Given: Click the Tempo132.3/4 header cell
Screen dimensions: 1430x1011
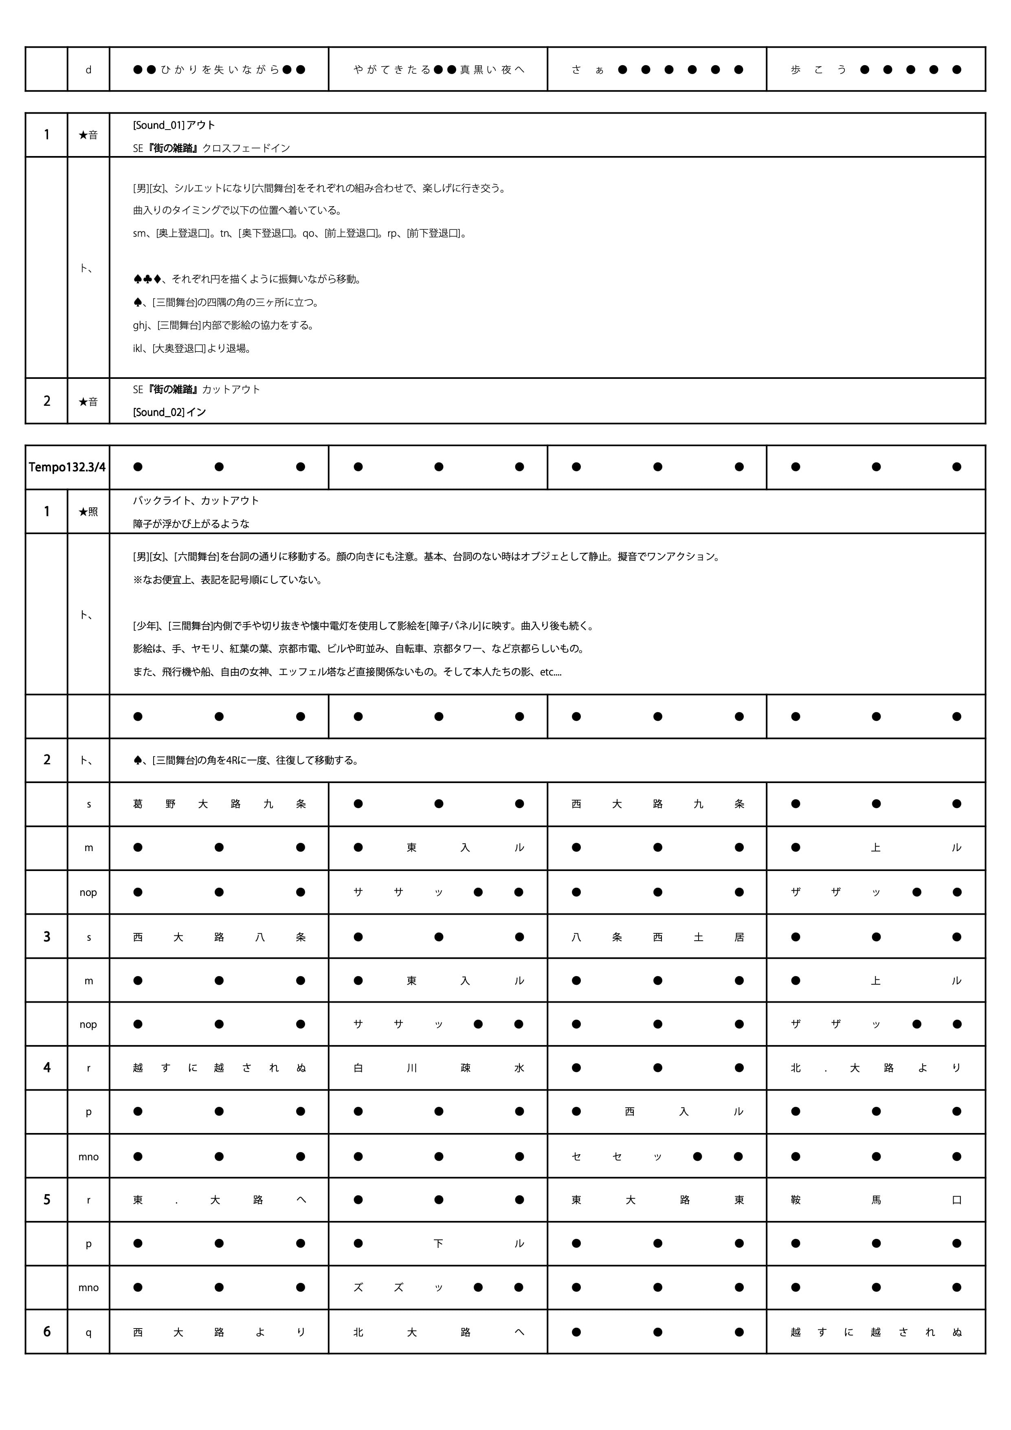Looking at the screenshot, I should tap(67, 467).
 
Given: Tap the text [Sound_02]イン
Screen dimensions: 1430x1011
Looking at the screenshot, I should tap(169, 412).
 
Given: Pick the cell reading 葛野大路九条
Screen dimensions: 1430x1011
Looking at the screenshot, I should tap(219, 804).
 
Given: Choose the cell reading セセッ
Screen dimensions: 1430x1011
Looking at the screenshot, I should tap(657, 1157).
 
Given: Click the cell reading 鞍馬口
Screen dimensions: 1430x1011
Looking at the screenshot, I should tap(876, 1200).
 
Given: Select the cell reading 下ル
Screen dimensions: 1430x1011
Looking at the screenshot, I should tap(438, 1244).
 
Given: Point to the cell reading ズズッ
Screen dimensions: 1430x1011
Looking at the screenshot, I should tap(438, 1287).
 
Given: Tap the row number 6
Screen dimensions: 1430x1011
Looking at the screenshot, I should tap(47, 1331).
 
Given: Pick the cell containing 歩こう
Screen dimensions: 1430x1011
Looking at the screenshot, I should tap(876, 70).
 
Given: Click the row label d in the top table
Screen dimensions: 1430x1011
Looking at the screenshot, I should tap(88, 70).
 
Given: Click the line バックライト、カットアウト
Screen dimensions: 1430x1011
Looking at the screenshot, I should tap(196, 501).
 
